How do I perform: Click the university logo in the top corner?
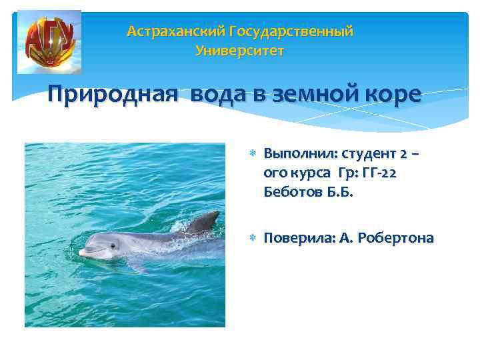(x=49, y=41)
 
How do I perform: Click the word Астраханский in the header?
(x=175, y=31)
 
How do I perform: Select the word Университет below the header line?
(x=240, y=51)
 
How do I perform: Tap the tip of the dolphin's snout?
(x=81, y=253)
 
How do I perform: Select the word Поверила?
(x=295, y=238)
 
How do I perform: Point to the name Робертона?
(x=395, y=238)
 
